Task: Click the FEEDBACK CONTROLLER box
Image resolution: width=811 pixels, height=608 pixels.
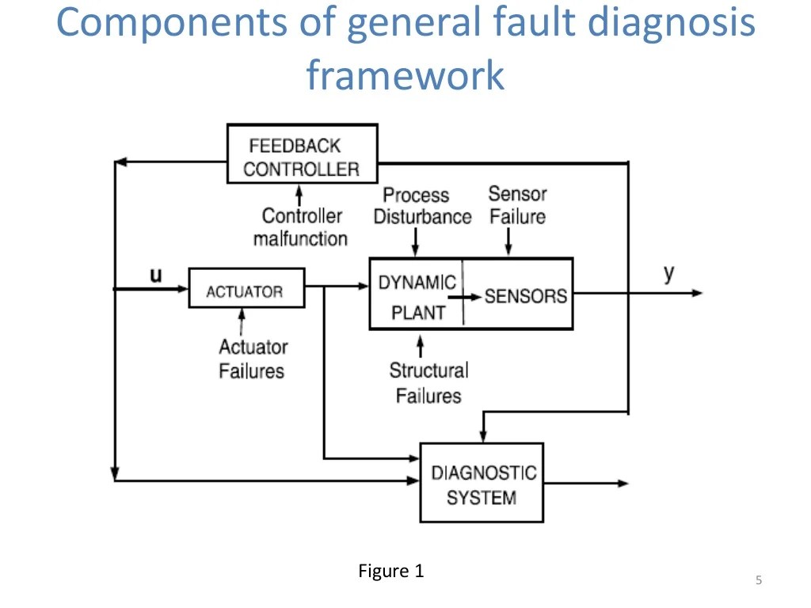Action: click(x=302, y=155)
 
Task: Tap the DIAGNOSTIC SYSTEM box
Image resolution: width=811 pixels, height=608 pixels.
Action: click(x=481, y=484)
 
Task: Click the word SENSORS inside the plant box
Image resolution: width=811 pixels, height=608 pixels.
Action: click(x=525, y=295)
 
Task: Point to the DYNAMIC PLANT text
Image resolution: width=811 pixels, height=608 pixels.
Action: click(x=417, y=297)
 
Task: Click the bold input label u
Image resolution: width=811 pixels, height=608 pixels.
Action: click(x=157, y=275)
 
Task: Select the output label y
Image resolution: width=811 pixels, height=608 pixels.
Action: click(x=669, y=273)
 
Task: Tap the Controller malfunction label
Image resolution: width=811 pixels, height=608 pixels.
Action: click(x=302, y=226)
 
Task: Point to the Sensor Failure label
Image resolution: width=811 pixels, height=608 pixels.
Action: click(x=517, y=204)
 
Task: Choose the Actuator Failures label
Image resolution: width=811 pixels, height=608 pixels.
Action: click(x=253, y=358)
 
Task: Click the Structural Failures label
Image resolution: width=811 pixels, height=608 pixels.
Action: click(x=428, y=382)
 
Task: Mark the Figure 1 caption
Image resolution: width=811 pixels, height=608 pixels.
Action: click(x=390, y=571)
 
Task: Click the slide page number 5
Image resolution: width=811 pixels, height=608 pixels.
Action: click(x=758, y=581)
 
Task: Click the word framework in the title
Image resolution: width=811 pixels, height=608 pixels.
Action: click(x=405, y=75)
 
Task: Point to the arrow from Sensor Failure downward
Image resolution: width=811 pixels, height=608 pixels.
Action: click(x=508, y=241)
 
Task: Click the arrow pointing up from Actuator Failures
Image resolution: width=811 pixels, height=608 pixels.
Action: click(x=242, y=321)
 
